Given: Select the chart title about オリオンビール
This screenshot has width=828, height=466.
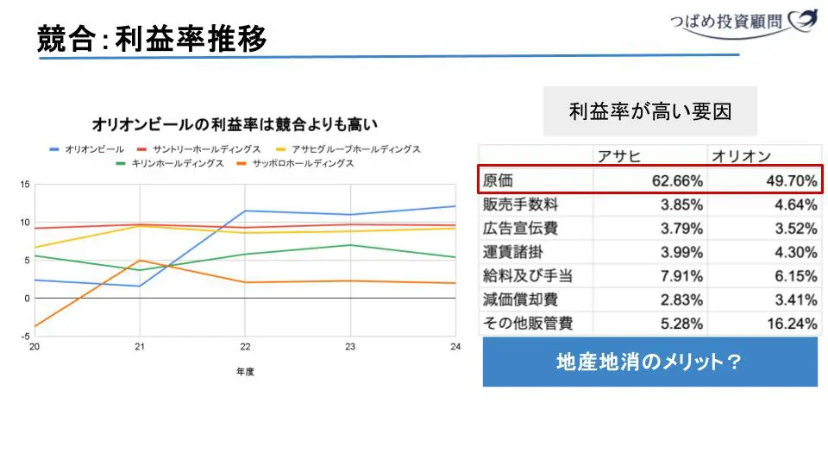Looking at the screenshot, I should [x=235, y=125].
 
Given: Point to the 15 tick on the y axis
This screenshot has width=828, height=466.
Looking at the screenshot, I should [x=25, y=185].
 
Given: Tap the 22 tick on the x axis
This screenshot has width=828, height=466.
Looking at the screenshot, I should [x=246, y=347].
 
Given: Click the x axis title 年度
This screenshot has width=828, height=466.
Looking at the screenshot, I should [x=246, y=372].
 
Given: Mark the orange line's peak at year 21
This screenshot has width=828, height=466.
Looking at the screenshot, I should [x=140, y=261].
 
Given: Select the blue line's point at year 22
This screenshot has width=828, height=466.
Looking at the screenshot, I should [x=246, y=211].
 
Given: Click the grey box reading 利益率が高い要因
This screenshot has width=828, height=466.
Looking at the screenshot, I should [x=649, y=111].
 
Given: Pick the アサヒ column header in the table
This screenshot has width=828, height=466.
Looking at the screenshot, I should [x=618, y=156].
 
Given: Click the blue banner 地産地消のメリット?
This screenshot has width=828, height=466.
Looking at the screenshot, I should [x=649, y=362].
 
